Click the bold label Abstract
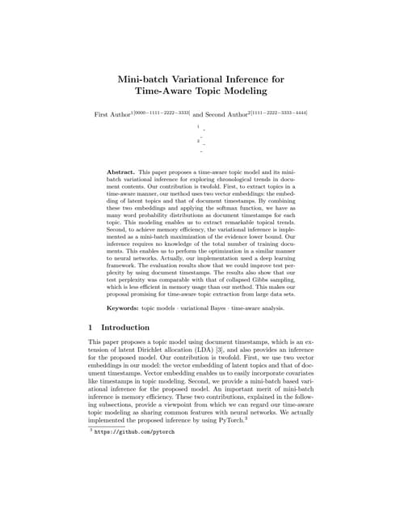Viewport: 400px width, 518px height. tap(122, 172)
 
